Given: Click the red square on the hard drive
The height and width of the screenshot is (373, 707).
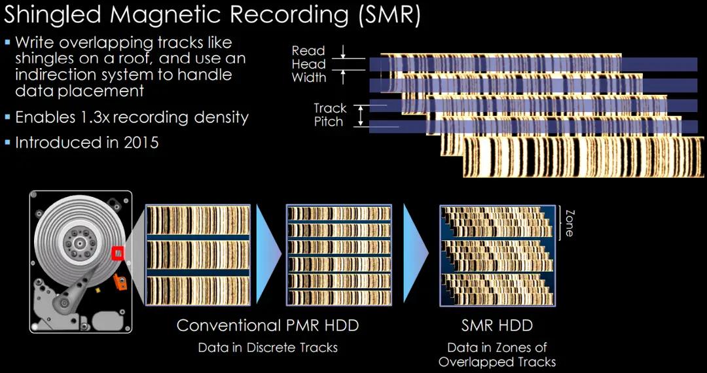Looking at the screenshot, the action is tap(118, 253).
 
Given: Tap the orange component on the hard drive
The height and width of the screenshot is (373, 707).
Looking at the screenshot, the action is tap(120, 282).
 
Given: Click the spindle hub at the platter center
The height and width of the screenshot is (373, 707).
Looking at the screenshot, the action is tap(78, 243).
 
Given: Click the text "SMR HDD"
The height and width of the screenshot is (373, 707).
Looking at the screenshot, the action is tap(497, 325).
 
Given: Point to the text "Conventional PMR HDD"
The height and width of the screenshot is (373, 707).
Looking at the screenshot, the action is tap(268, 325).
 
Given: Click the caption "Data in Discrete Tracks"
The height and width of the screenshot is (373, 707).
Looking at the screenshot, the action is tap(268, 347).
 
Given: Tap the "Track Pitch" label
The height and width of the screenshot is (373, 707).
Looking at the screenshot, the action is tap(331, 115).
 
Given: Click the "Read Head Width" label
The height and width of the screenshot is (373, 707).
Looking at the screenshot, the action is tap(309, 64).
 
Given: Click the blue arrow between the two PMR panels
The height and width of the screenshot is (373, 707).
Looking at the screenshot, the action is tap(269, 253).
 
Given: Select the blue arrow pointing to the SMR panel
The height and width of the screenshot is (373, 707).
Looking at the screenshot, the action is tap(416, 253).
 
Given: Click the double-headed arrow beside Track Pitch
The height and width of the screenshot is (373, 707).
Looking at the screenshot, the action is tap(360, 115).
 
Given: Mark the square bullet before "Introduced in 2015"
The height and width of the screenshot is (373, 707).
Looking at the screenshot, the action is tap(7, 143).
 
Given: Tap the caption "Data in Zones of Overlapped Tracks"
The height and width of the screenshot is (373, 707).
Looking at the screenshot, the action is tap(497, 354).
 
